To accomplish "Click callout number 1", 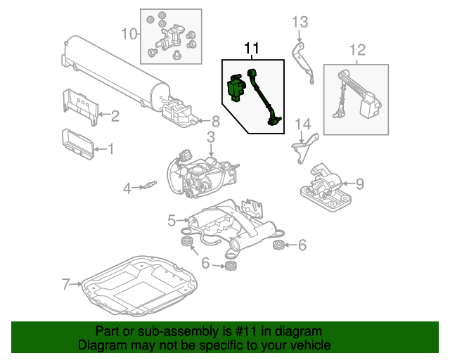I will tap(109, 149).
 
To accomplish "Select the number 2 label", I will tap(115, 115).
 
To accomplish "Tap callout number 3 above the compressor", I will tap(210, 137).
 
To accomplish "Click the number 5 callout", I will tap(171, 221).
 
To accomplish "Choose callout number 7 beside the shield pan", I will tap(66, 285).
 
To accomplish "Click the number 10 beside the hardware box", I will tap(127, 33).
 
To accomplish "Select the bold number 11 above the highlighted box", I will tap(252, 49).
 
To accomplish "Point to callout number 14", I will tap(302, 124).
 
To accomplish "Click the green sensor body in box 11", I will tap(236, 86).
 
